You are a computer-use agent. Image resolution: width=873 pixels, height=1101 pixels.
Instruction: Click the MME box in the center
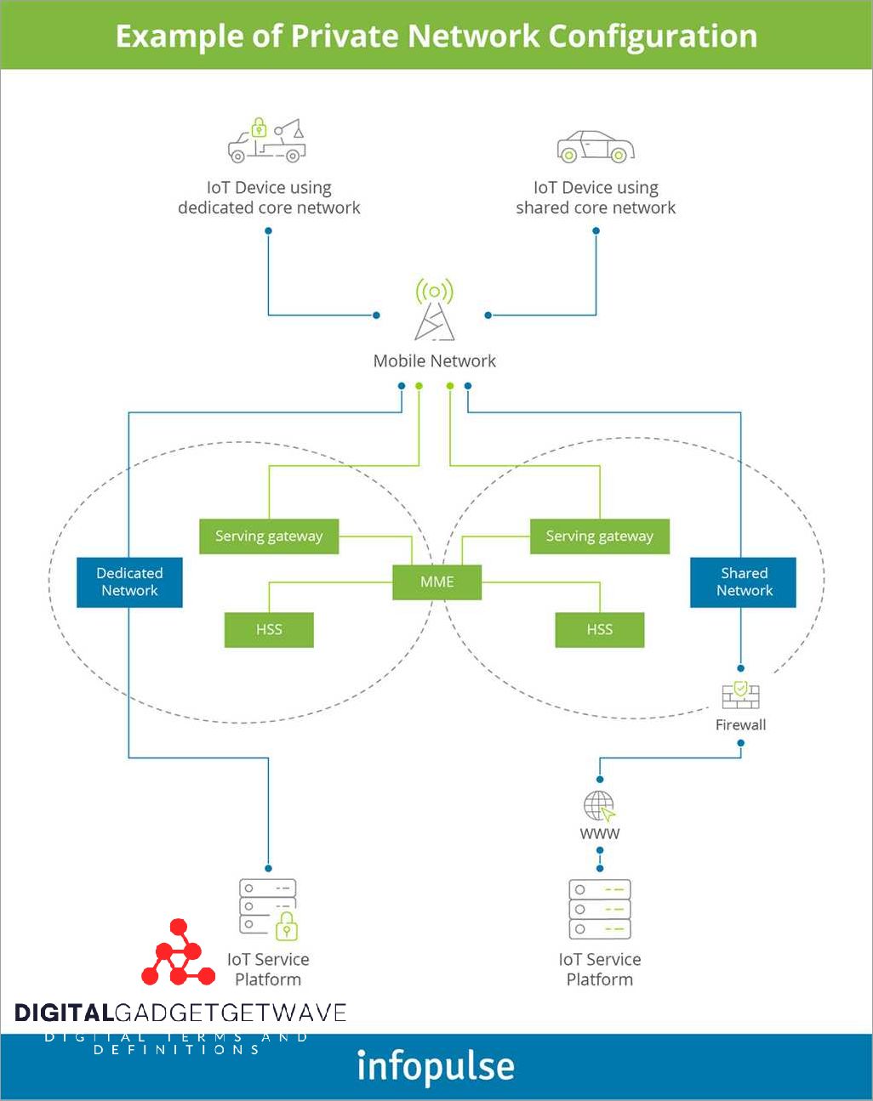tap(436, 582)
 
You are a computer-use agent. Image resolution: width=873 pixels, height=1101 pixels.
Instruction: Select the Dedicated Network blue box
tap(129, 582)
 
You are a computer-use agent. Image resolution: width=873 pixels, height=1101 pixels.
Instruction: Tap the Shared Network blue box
tap(743, 582)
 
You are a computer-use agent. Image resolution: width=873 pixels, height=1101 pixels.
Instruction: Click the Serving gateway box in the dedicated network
tap(269, 536)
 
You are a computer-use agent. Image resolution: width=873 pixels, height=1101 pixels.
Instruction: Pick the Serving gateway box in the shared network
tap(599, 536)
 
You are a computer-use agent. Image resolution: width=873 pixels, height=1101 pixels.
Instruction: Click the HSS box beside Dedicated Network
tap(269, 630)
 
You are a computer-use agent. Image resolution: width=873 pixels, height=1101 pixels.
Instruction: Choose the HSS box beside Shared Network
tap(599, 630)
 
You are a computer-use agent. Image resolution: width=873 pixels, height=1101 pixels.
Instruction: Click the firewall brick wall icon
tap(740, 695)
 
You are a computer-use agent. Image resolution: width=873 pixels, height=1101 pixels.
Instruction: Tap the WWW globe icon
tap(599, 806)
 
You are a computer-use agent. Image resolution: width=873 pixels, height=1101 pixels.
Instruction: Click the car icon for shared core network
tap(596, 147)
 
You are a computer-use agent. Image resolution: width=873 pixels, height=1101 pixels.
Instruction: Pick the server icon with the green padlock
tap(268, 909)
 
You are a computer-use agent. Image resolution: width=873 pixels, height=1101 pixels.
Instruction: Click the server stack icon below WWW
tap(599, 909)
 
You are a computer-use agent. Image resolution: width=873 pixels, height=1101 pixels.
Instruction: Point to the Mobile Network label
tap(434, 361)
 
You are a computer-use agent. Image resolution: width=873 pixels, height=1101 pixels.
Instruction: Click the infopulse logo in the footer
tap(436, 1067)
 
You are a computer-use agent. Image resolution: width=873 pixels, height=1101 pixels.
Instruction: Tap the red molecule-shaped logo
tap(178, 953)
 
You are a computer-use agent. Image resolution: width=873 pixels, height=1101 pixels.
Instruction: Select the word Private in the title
tap(345, 37)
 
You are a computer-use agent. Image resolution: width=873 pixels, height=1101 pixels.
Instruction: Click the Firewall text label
tap(740, 725)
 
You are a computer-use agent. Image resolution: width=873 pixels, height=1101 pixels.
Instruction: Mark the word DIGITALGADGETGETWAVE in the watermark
tap(180, 1013)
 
